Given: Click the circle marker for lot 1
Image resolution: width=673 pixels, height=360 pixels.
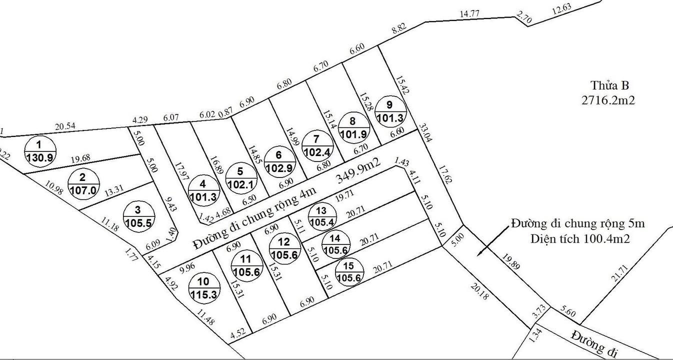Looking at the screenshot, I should click(40, 150).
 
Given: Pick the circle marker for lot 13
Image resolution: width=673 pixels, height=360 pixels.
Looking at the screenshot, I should click(322, 216).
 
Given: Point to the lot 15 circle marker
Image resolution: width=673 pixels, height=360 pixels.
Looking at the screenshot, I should click(349, 273).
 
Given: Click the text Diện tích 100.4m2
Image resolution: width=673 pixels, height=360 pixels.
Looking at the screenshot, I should click(580, 239).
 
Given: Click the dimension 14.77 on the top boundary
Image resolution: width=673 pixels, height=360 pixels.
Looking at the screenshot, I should click(469, 14).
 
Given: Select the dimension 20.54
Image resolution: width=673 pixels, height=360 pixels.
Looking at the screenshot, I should click(65, 127).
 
